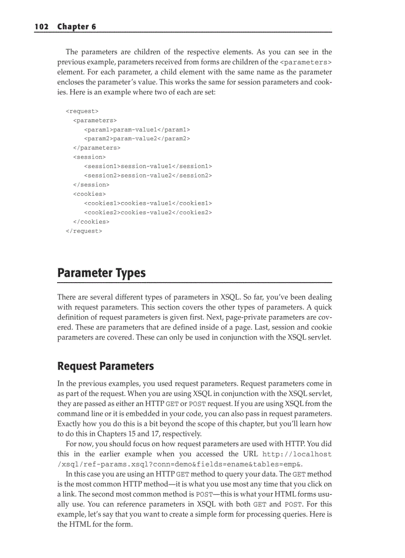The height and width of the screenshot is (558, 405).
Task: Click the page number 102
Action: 41,26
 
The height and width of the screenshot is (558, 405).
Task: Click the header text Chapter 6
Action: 76,26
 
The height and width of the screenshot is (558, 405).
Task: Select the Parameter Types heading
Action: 102,273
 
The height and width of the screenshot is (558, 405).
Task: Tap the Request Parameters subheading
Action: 106,366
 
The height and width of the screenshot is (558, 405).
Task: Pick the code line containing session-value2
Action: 148,175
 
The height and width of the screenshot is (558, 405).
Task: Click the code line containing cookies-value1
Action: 148,203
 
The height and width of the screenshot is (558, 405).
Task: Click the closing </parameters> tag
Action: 96,148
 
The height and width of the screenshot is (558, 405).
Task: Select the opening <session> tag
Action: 89,157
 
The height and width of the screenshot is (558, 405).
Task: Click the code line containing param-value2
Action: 137,139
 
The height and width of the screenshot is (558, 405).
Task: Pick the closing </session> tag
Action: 91,184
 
